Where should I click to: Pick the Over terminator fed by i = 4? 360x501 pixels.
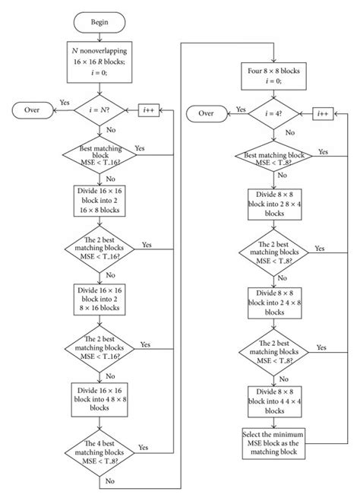[x=206, y=113]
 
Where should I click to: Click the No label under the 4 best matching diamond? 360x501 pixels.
[x=110, y=480]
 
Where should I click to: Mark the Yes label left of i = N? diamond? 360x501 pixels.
[x=64, y=102]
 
